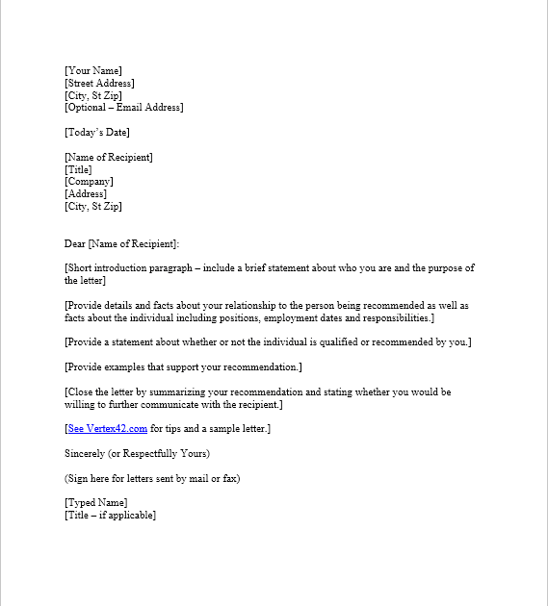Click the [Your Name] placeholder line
[93, 70]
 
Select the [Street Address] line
[99, 83]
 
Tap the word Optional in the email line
[89, 107]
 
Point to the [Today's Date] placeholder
[97, 132]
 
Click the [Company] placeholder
[89, 182]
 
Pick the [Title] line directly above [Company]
[78, 169]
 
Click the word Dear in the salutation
[75, 243]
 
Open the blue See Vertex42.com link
[107, 429]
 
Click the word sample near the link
[210, 429]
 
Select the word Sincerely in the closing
[86, 453]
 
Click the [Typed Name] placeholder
[95, 503]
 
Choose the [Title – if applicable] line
[110, 516]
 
